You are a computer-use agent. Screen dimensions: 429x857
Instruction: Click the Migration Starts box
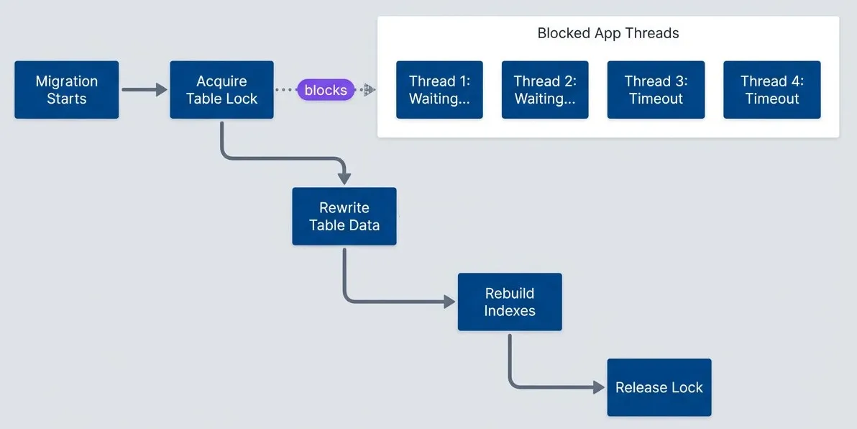pos(66,90)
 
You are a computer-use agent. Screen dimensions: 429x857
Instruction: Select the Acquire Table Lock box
pos(221,90)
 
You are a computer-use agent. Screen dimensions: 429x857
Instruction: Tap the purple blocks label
pos(326,90)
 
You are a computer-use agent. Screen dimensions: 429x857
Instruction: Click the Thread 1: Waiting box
pos(439,90)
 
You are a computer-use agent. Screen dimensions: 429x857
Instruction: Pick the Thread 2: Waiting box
pos(545,90)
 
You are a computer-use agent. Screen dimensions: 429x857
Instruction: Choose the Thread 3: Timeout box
pos(656,90)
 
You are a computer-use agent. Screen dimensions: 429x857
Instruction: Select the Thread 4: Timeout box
pos(772,90)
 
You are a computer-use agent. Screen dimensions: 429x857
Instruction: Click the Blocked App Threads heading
pos(608,33)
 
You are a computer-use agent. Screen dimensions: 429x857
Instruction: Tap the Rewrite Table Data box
pos(344,216)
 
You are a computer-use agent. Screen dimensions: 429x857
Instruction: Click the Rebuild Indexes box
pos(509,302)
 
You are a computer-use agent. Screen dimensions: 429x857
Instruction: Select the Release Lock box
pos(659,387)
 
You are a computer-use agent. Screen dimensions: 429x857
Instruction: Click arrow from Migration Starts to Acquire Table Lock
pos(144,90)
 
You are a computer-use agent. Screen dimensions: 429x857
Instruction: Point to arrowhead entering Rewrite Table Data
pos(344,179)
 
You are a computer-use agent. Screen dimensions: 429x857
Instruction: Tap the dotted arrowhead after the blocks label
pos(369,90)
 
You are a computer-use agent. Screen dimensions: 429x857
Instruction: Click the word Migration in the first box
pos(66,81)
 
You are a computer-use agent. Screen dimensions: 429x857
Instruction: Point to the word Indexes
pos(509,311)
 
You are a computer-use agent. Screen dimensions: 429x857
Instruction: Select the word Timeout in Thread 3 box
pos(656,99)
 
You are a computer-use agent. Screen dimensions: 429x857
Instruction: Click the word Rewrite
pos(344,207)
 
